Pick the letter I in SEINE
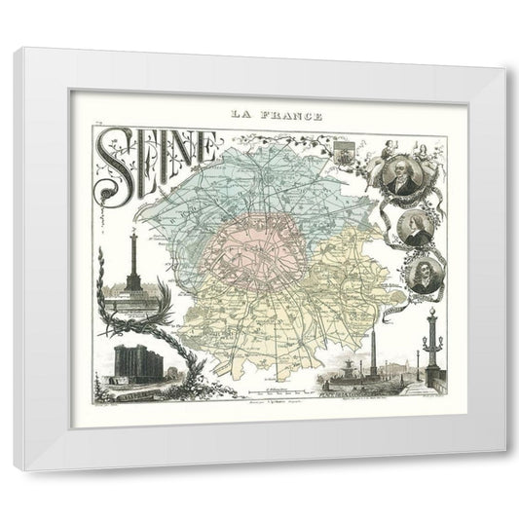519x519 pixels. tap(159, 151)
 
